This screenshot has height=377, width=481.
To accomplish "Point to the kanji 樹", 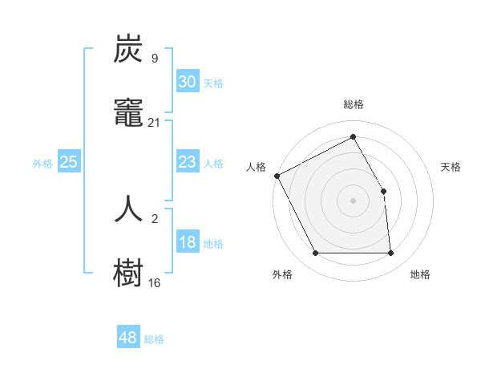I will coord(129,273).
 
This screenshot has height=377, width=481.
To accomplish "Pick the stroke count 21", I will coord(154,122).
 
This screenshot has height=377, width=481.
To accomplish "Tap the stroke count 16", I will coord(154,282).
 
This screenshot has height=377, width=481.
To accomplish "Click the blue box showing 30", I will coord(187,82).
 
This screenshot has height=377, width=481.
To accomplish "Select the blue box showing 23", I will coord(187,162).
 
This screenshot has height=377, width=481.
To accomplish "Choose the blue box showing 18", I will coord(187,242).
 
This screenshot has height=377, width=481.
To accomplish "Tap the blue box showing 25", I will coord(69,162).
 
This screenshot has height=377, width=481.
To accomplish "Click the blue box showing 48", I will coord(127,338).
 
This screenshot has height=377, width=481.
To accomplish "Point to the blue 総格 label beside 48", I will coord(154,339).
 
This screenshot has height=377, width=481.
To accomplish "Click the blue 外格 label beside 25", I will coord(42,164).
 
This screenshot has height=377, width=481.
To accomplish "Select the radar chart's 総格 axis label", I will coord(353,104).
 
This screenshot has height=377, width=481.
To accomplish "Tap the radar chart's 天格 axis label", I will coord(451,167).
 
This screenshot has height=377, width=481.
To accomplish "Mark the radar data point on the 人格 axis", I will coord(277,176).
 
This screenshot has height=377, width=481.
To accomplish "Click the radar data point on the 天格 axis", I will coord(383,191).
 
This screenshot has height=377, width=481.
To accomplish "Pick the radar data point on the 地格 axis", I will coord(390,253).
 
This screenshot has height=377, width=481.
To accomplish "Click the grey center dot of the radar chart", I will coord(353,201).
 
